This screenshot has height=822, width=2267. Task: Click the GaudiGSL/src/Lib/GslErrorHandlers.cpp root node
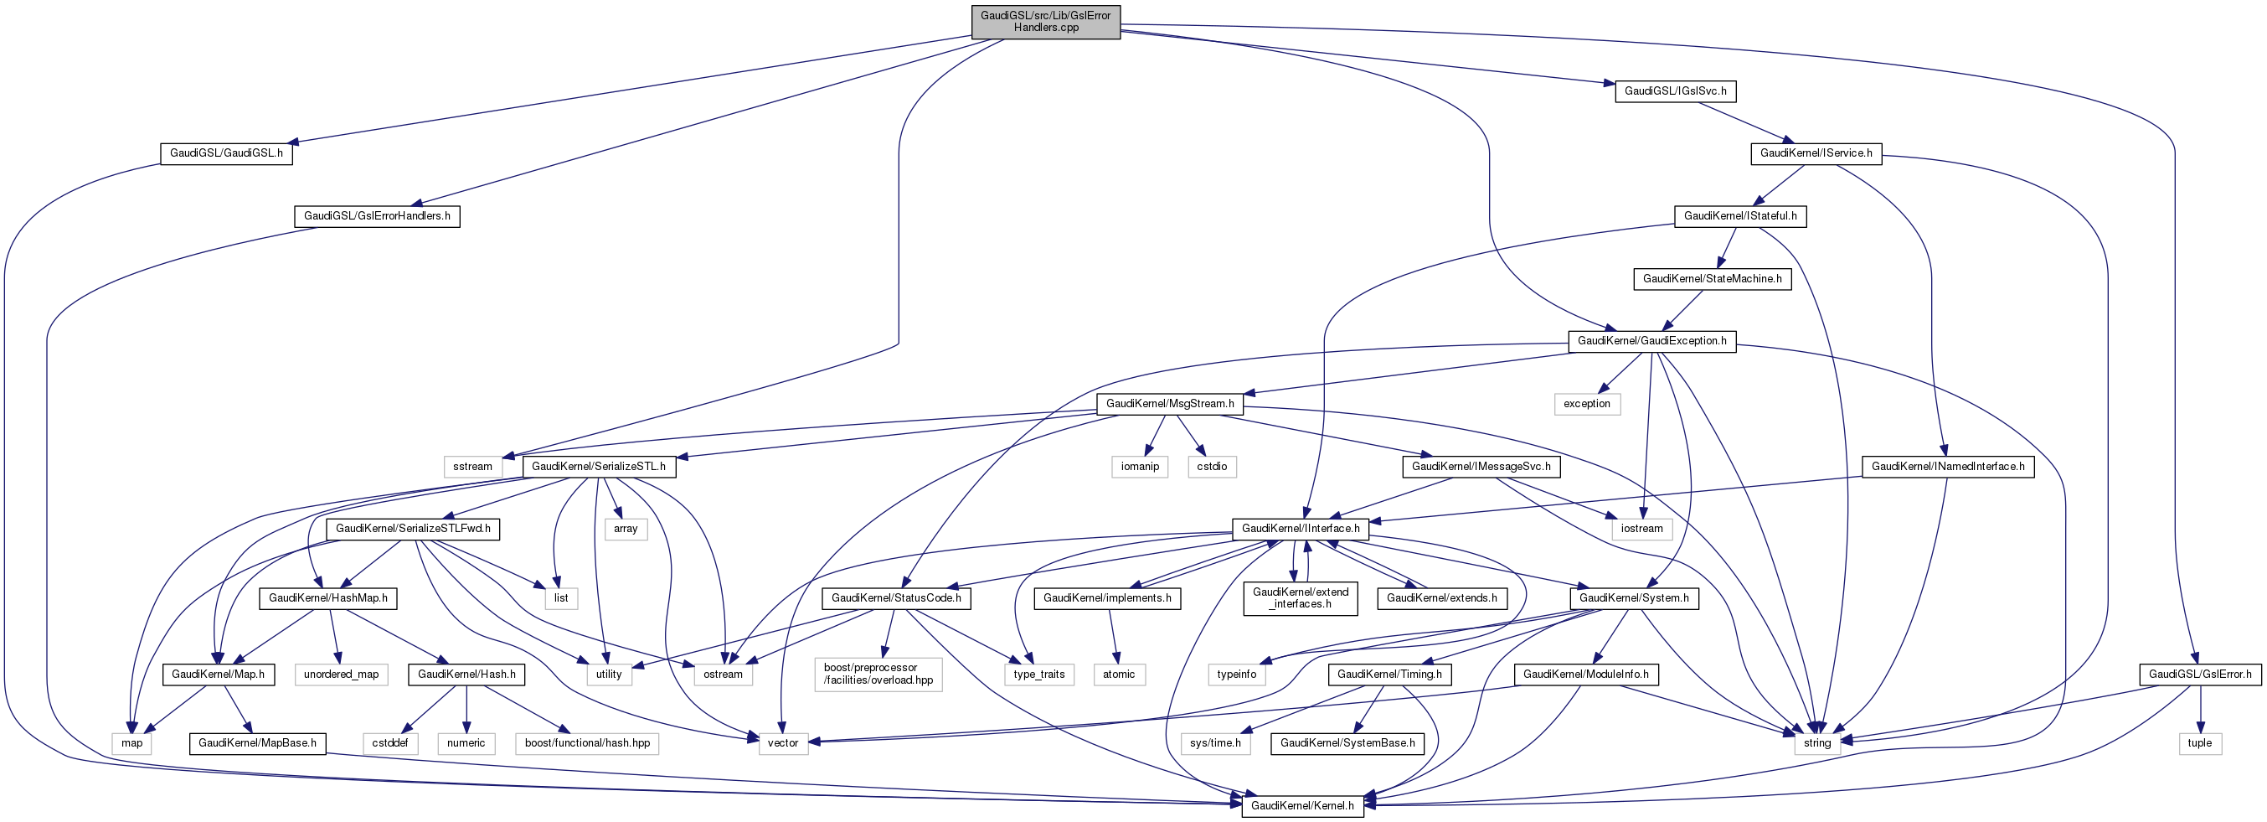[1045, 21]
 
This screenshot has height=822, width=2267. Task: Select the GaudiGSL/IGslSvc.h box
[1675, 90]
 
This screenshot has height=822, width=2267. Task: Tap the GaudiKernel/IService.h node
[1816, 153]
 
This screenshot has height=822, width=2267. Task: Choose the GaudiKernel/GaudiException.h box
[1651, 340]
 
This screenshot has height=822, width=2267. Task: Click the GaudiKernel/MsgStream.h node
[1170, 404]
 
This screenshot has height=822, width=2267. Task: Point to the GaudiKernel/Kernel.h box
[1302, 805]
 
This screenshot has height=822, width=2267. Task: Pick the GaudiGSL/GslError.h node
[2199, 675]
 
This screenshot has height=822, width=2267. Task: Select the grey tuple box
[2199, 742]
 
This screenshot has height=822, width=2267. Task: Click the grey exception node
[1587, 404]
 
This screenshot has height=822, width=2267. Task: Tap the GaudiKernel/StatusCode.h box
[896, 598]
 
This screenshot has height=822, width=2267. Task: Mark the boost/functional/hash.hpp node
[587, 742]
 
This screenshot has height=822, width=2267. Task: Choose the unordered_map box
[342, 675]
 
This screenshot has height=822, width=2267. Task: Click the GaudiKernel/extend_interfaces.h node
[1300, 598]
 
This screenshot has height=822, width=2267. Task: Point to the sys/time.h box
[1215, 742]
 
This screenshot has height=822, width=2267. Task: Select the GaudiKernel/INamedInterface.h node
[1948, 467]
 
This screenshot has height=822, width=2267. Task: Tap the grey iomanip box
[1140, 467]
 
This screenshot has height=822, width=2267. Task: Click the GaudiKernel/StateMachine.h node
[1712, 279]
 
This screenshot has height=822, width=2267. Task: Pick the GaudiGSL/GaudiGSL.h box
[226, 153]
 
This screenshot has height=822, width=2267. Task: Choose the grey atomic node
[1119, 675]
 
